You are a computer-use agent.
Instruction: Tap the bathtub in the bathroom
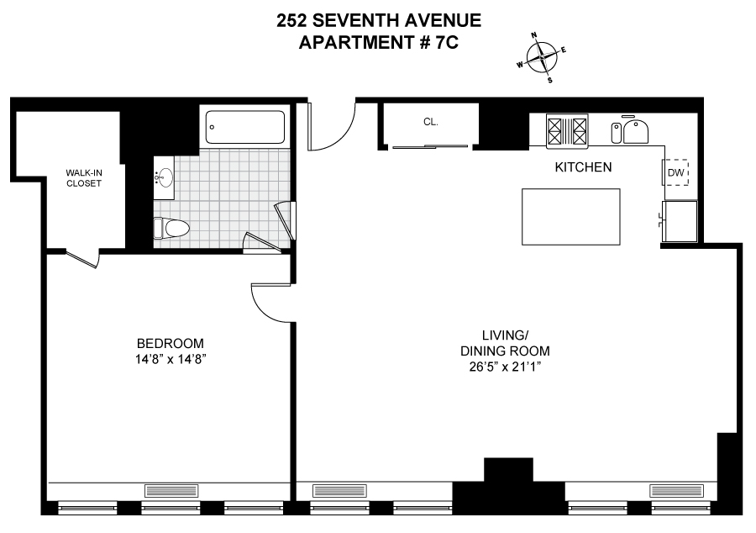pyautogui.click(x=246, y=128)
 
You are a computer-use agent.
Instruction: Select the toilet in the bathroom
pyautogui.click(x=172, y=228)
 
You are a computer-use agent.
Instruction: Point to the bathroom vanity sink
pyautogui.click(x=165, y=177)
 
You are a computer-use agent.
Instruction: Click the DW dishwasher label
pyautogui.click(x=676, y=173)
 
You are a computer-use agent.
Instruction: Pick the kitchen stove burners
pyautogui.click(x=567, y=130)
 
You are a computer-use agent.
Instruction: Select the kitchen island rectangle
pyautogui.click(x=570, y=216)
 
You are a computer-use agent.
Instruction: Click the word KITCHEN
pyautogui.click(x=583, y=167)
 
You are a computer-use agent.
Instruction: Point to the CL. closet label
pyautogui.click(x=430, y=122)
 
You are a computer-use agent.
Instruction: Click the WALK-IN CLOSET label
pyautogui.click(x=84, y=177)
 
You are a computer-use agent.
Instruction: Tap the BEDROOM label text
pyautogui.click(x=171, y=343)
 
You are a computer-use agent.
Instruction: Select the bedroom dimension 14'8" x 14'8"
pyautogui.click(x=171, y=359)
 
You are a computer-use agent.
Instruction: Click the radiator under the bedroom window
pyautogui.click(x=171, y=490)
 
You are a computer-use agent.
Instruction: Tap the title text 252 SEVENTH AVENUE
pyautogui.click(x=379, y=21)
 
